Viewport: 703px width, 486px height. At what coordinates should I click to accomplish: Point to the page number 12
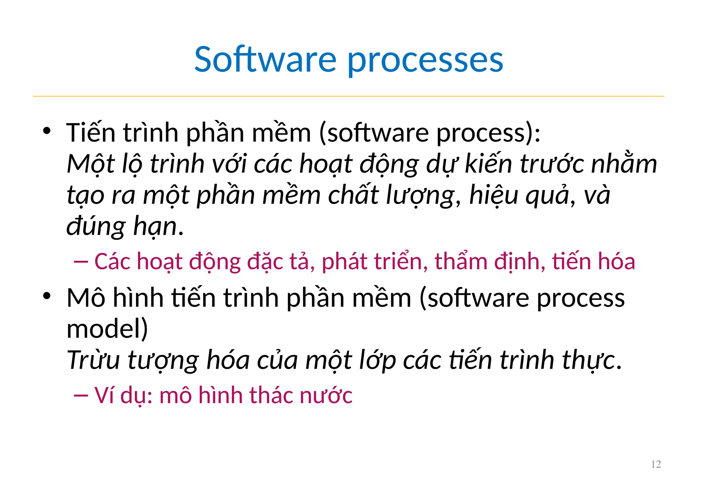point(656,464)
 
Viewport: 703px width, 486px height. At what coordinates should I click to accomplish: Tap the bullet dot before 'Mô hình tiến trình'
point(47,296)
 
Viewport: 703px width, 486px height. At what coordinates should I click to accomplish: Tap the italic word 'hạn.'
point(158,227)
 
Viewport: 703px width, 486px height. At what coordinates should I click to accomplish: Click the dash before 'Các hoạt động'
point(81,262)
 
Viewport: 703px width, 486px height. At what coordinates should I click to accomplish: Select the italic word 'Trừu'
point(93,360)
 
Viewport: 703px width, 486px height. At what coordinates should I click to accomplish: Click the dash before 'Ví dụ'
point(81,396)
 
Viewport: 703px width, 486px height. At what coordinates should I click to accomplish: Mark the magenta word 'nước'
point(326,396)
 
